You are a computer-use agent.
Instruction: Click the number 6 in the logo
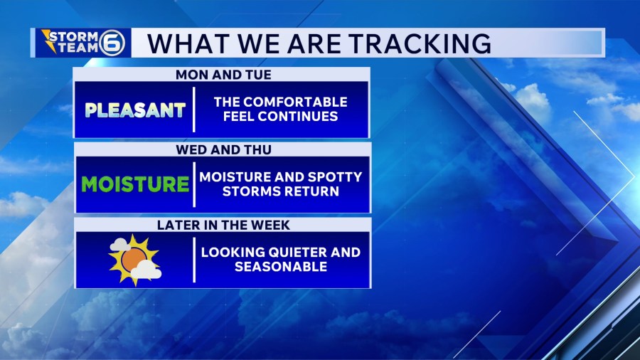pyautogui.click(x=112, y=43)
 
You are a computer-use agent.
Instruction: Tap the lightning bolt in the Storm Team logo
pyautogui.click(x=50, y=41)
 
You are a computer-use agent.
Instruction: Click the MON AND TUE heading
pyautogui.click(x=223, y=75)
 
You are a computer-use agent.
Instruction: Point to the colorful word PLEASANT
pyautogui.click(x=135, y=110)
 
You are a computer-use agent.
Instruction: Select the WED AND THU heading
pyautogui.click(x=224, y=150)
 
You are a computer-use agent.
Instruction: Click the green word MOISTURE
pyautogui.click(x=135, y=184)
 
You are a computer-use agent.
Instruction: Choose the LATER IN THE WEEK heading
pyautogui.click(x=223, y=225)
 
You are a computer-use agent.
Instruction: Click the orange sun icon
pyautogui.click(x=134, y=260)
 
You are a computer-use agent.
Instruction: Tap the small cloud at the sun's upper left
pyautogui.click(x=120, y=245)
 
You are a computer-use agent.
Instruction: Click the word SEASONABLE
pyautogui.click(x=281, y=267)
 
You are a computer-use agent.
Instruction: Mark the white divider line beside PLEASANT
pyautogui.click(x=194, y=110)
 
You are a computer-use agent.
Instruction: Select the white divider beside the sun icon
pyautogui.click(x=194, y=260)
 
